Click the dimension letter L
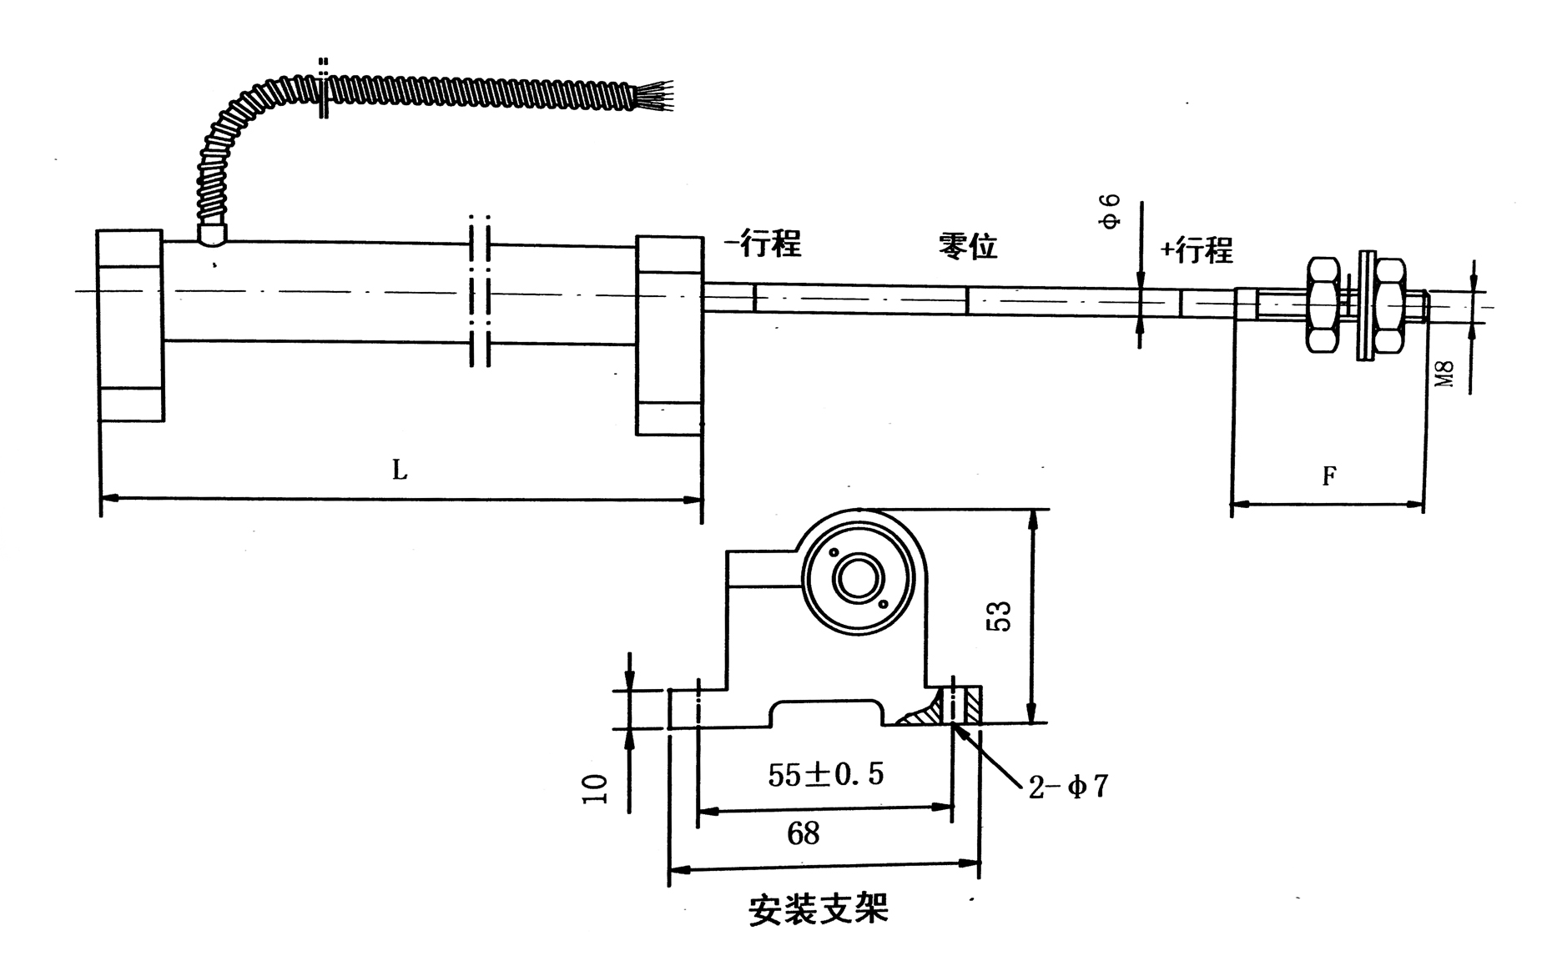(400, 470)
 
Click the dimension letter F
(1329, 476)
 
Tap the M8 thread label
(1446, 373)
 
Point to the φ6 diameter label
(1111, 212)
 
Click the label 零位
(968, 246)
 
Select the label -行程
(763, 243)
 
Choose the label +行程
(1197, 249)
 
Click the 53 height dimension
(1000, 616)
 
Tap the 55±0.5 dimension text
(825, 775)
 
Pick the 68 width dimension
(803, 833)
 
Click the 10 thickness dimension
(596, 788)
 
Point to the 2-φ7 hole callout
(1068, 786)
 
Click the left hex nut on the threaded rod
(1323, 304)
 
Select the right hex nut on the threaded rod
(1390, 304)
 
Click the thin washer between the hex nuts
(1365, 305)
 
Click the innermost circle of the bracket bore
(858, 579)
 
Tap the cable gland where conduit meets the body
(212, 233)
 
